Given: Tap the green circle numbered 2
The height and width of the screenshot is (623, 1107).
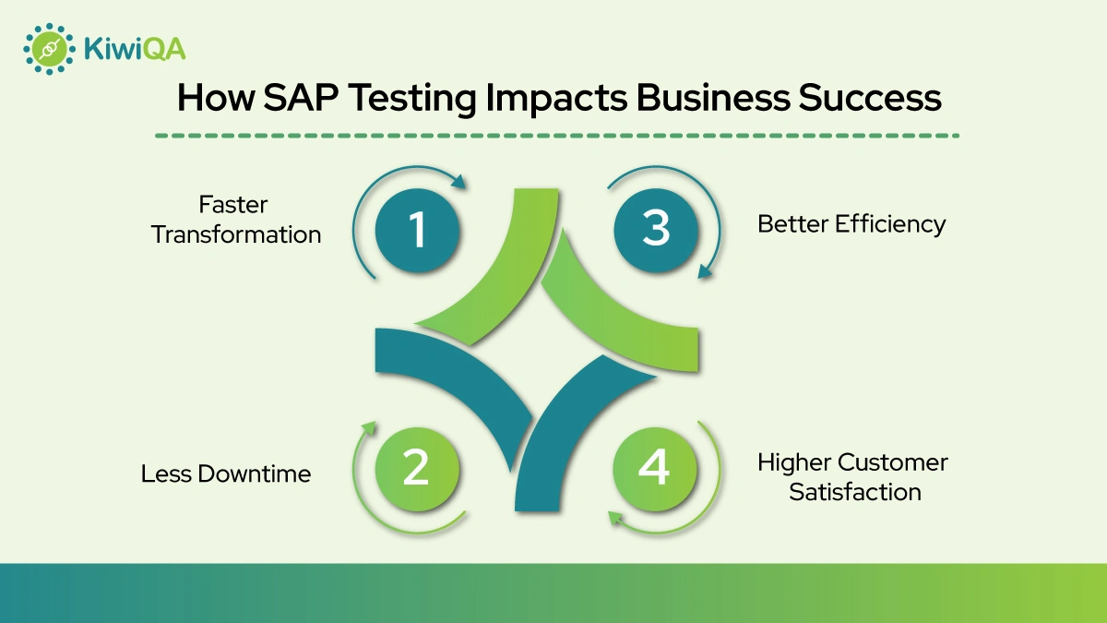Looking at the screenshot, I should point(416,468).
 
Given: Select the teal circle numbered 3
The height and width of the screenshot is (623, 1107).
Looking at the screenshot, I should point(656,226).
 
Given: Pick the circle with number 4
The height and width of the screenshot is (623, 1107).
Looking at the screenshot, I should point(654,468).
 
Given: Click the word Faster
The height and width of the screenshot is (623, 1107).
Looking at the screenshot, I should point(233,204).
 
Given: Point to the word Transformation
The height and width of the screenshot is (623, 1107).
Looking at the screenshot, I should point(236,234).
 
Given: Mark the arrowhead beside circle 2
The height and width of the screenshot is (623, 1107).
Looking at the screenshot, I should point(370,427).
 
